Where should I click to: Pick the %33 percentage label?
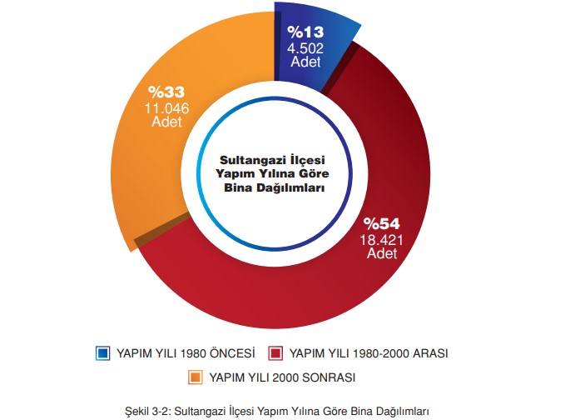[166, 92]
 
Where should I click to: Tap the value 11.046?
[166, 107]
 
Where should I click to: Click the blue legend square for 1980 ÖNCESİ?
[104, 353]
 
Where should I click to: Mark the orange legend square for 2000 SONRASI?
[196, 377]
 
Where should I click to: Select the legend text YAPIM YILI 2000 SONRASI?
[282, 377]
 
